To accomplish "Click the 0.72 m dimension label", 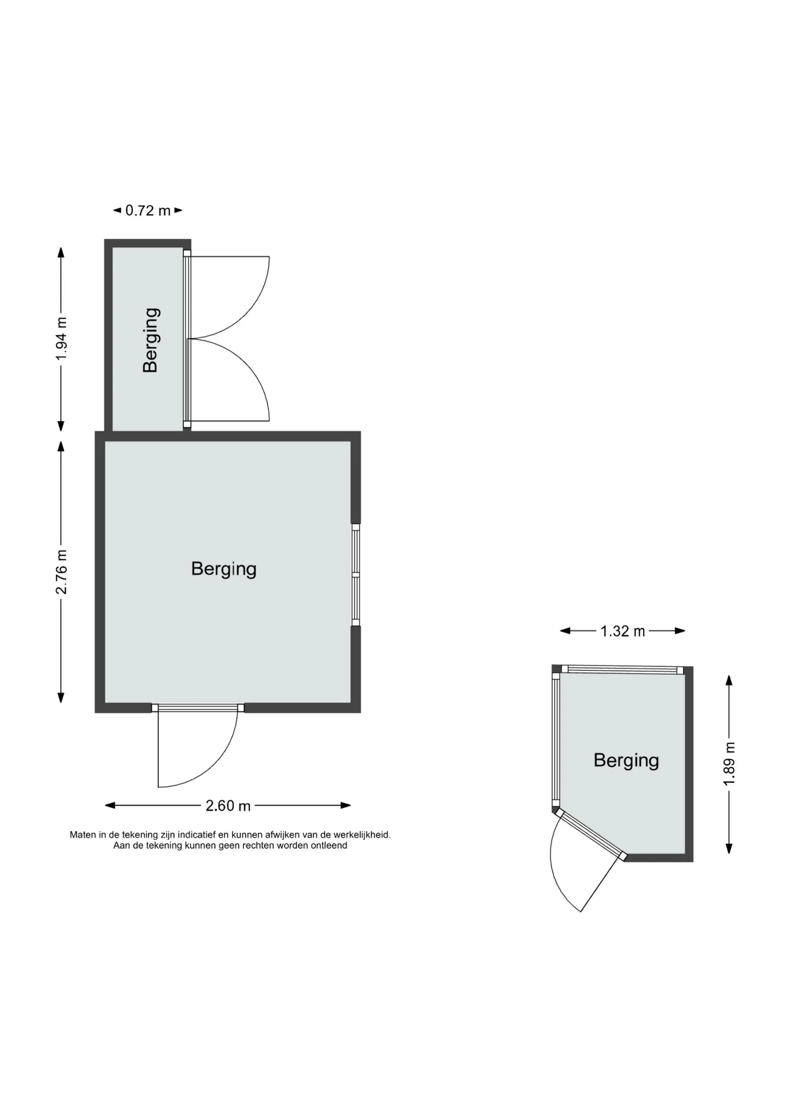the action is [148, 211].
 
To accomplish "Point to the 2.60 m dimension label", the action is [228, 806].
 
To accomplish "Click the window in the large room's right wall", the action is [356, 575].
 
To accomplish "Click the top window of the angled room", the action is [622, 670].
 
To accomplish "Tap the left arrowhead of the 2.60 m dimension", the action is [110, 806].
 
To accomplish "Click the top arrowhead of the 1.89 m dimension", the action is [729, 680].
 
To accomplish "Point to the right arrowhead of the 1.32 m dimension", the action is [680, 631].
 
